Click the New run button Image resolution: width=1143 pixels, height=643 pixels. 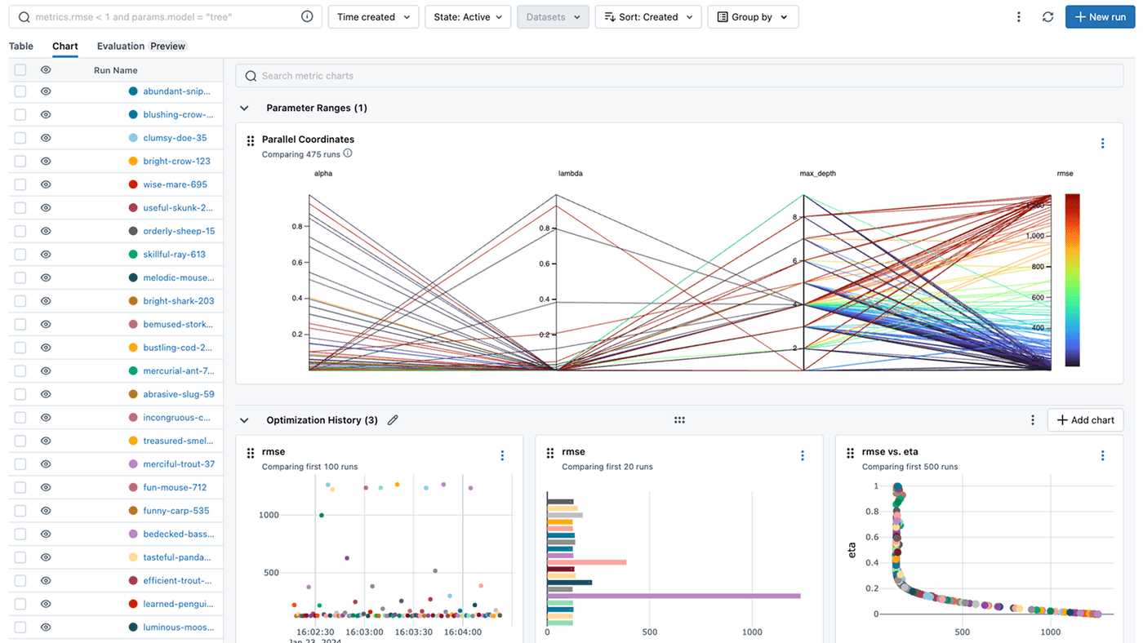(x=1100, y=17)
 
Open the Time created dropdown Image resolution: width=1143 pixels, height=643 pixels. (x=373, y=17)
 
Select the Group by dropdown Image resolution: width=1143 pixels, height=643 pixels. (x=752, y=17)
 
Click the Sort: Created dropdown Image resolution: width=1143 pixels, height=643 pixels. (x=647, y=17)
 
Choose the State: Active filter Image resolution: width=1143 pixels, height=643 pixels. (x=468, y=17)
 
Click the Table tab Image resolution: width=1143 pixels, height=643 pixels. (x=21, y=47)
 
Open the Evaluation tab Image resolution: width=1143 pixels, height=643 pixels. (x=121, y=47)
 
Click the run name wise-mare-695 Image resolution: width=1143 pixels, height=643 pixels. (x=175, y=184)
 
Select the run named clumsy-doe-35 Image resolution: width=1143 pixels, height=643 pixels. (x=175, y=138)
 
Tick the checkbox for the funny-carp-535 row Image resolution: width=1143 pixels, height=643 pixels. (x=20, y=511)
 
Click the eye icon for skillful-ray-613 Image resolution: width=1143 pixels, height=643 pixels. (x=46, y=255)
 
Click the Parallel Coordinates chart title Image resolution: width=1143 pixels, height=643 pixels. (x=308, y=140)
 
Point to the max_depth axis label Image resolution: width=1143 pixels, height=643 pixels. (x=817, y=174)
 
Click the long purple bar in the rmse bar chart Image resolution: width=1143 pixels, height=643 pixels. (x=674, y=596)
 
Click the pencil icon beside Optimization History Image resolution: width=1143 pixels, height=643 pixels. (x=393, y=420)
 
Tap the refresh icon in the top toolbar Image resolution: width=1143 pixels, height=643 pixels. (x=1047, y=17)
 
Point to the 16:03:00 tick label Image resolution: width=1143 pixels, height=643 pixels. (x=364, y=632)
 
